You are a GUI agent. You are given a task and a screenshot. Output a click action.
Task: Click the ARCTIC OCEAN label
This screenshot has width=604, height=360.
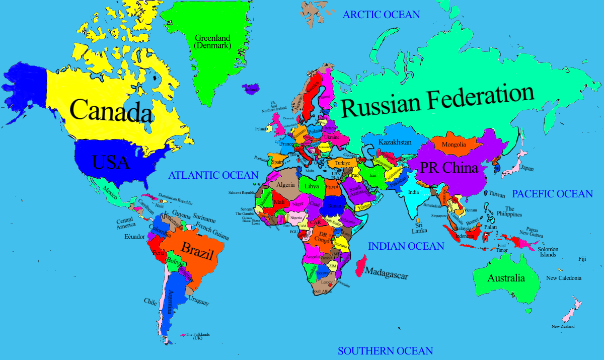click(381, 15)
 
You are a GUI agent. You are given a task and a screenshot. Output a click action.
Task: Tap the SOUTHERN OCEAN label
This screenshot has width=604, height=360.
click(385, 351)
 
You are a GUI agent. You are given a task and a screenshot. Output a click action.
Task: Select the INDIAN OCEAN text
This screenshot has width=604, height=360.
click(406, 246)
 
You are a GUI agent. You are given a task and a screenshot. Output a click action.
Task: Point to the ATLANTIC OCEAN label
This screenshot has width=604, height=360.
click(213, 175)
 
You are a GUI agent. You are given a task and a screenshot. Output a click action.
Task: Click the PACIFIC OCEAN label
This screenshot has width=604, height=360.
click(552, 194)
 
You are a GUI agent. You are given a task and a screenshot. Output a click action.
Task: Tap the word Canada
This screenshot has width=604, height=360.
click(111, 110)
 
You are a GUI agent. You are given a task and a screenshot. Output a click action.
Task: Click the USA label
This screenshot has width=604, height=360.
click(111, 162)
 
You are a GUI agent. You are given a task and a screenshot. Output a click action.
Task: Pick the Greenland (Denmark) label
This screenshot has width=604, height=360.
click(212, 42)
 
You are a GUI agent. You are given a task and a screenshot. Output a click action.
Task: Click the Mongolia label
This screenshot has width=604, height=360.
click(454, 145)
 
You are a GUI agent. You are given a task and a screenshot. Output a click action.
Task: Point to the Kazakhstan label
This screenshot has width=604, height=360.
click(395, 142)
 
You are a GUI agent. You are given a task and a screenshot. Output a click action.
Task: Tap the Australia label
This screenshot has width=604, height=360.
click(506, 278)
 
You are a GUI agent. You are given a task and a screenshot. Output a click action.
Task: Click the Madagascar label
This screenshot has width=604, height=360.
click(387, 273)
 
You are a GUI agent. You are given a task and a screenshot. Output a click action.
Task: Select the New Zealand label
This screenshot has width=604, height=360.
click(563, 327)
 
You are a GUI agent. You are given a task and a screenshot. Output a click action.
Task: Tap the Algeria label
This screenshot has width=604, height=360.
click(285, 185)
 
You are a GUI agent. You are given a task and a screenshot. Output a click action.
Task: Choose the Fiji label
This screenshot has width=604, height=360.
click(582, 259)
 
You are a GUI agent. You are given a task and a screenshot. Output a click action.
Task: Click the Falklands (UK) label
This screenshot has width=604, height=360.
click(197, 336)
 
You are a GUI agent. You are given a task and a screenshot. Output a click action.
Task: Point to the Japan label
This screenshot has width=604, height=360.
click(527, 168)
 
